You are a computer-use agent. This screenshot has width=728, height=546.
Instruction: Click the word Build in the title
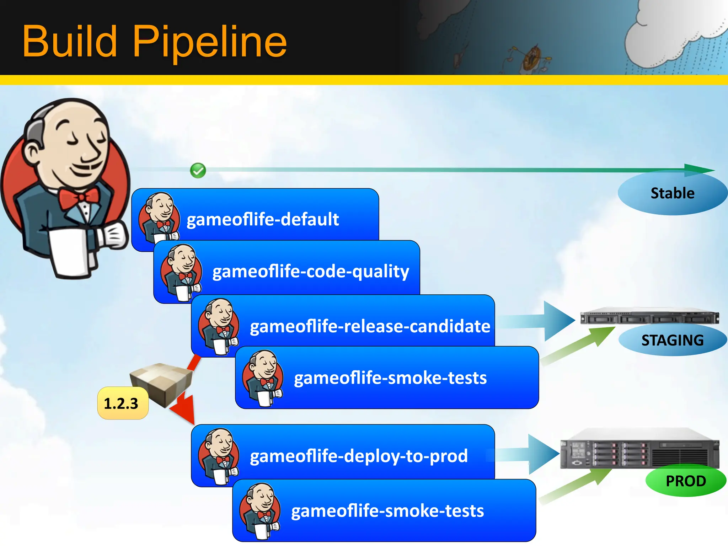point(70,42)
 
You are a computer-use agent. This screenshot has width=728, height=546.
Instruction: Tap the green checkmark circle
point(198,171)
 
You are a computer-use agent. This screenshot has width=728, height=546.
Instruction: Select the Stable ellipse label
point(672,193)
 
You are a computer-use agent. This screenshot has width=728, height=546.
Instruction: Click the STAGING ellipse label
point(672,340)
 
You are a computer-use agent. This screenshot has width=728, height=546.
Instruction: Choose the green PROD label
point(686,481)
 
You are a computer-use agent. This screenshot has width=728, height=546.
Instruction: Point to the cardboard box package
point(162,382)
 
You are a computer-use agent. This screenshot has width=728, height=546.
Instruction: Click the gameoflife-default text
point(263,219)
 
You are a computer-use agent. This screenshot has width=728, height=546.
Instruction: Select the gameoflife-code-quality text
point(311,272)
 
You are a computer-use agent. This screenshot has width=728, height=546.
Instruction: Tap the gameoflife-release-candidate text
point(370,326)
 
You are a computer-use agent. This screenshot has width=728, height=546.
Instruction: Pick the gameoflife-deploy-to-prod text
point(359,456)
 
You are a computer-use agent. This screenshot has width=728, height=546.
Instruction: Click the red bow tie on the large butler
point(79,198)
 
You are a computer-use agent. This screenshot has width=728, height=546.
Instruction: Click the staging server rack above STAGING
point(649,316)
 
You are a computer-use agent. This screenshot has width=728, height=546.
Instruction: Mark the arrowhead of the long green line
point(698,170)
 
